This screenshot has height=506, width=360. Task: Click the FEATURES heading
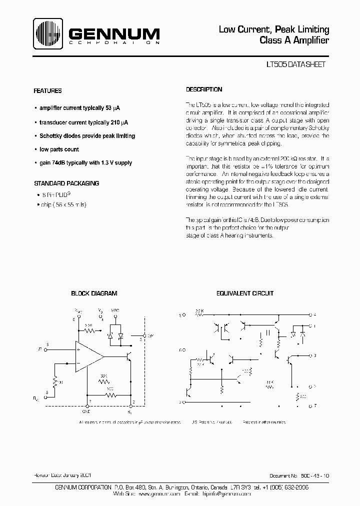click(47, 91)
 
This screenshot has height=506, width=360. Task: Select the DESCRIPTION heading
click(204, 89)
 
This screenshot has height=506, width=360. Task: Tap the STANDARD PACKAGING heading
click(66, 183)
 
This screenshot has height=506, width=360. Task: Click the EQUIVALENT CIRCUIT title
click(244, 293)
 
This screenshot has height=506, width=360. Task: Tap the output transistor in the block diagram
click(129, 356)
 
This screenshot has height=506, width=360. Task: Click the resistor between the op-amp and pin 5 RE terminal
click(55, 381)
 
